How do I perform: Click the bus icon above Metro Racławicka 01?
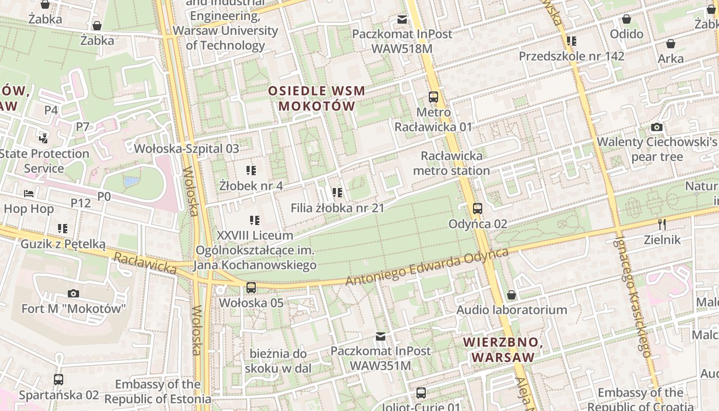(x=433, y=97)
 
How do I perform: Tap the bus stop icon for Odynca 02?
(x=478, y=208)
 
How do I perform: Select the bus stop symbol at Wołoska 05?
(x=251, y=288)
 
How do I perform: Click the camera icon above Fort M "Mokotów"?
(x=73, y=293)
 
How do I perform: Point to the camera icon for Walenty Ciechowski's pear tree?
(x=656, y=127)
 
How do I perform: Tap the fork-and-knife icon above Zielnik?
(x=662, y=224)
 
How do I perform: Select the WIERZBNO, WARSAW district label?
(x=503, y=349)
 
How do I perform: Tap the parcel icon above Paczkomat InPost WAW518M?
(x=402, y=20)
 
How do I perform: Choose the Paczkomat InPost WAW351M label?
(x=381, y=358)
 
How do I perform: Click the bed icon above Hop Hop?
(x=29, y=194)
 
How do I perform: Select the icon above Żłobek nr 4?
(x=251, y=170)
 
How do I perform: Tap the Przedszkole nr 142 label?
(x=572, y=56)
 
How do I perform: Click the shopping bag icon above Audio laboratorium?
(x=511, y=295)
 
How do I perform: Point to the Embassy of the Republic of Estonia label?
(x=158, y=391)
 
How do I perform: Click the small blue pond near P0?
(x=131, y=182)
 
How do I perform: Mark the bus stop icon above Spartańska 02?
(x=59, y=380)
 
